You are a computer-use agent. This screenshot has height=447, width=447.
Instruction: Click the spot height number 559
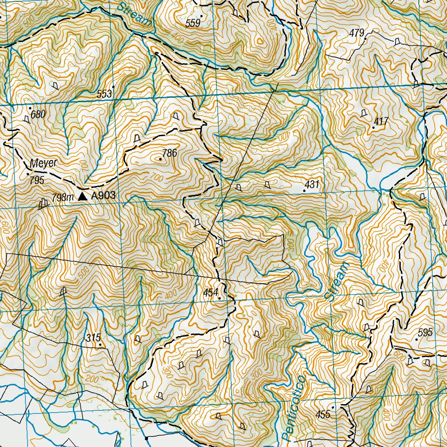[193, 24]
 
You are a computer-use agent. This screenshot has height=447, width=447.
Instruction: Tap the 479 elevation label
[357, 33]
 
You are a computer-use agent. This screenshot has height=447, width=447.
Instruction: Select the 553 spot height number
[105, 94]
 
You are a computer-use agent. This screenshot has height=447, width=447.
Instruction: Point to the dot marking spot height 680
[30, 108]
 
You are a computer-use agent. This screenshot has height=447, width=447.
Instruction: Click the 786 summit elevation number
[169, 153]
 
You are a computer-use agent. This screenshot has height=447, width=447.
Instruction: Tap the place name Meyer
[44, 163]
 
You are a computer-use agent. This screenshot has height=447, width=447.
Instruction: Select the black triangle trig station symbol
[83, 197]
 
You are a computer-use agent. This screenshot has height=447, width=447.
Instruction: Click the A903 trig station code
[103, 196]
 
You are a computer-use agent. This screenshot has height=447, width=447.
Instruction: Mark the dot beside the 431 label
[304, 191]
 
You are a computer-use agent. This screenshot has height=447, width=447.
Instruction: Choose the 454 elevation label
[211, 292]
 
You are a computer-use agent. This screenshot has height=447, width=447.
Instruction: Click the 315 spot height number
[93, 337]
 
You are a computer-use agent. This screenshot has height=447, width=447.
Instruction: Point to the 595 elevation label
[425, 332]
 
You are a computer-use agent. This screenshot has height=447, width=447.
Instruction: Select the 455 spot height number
[323, 414]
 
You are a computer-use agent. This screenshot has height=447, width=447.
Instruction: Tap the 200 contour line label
[92, 378]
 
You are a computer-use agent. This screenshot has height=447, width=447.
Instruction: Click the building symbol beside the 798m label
[43, 203]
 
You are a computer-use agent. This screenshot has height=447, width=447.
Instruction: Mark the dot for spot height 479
[365, 32]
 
